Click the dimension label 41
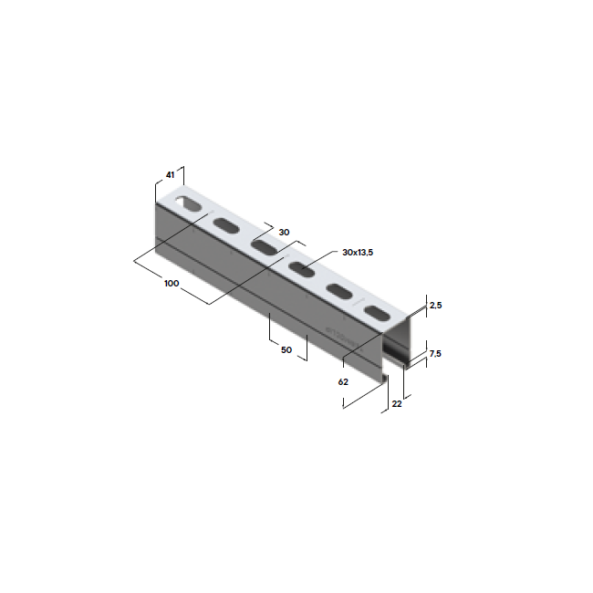point(170,173)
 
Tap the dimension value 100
point(171,283)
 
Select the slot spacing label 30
point(284,233)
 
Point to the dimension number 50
point(286,349)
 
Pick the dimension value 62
point(343,382)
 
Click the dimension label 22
point(396,402)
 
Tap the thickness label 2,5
point(436,307)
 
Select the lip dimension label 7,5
point(436,353)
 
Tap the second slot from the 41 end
point(224,225)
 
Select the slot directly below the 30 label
point(263,247)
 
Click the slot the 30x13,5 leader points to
point(300,268)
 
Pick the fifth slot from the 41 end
point(338,291)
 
